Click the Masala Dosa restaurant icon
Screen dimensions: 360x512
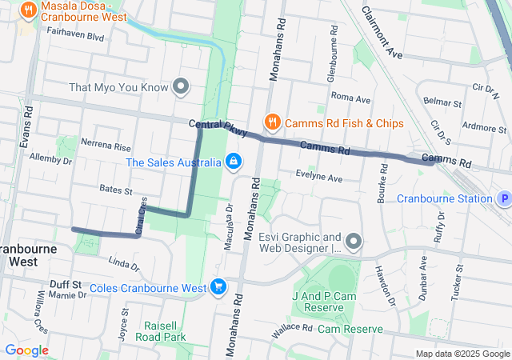(x=29, y=10)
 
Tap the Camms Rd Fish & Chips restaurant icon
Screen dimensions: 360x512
(x=273, y=122)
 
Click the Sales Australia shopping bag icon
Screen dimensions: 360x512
(x=233, y=162)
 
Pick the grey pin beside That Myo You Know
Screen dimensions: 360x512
(x=182, y=86)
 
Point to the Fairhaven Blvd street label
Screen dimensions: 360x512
(x=76, y=36)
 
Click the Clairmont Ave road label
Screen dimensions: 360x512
(x=382, y=34)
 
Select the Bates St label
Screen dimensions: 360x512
(x=116, y=190)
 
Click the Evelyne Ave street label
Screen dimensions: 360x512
(x=318, y=178)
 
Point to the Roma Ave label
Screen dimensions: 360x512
(x=350, y=98)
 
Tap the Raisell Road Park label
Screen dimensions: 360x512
(x=165, y=331)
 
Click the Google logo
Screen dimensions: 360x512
(x=26, y=350)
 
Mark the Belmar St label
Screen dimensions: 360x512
(x=442, y=103)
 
